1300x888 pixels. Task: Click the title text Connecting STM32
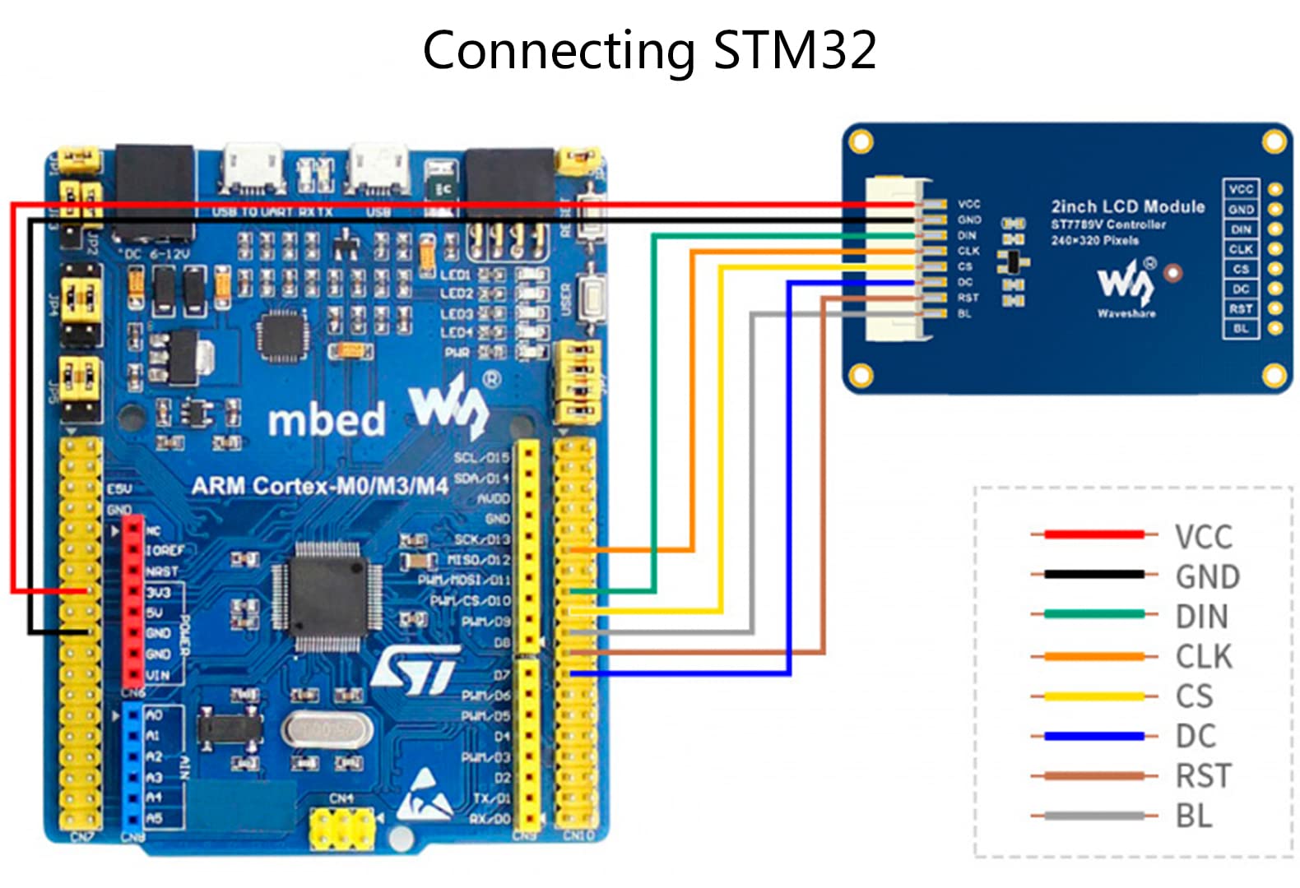pos(649,50)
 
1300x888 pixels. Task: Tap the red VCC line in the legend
pos(1093,534)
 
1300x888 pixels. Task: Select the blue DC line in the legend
pos(1093,736)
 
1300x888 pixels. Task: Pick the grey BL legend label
pos(1194,816)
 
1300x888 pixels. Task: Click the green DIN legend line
pos(1093,614)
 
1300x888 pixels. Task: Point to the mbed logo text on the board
pos(327,419)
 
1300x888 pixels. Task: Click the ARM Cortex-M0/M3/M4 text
pos(319,486)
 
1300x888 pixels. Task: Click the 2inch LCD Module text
pos(1127,206)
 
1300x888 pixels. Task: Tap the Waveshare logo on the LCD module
pos(1126,284)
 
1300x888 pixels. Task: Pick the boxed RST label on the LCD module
pos(1241,308)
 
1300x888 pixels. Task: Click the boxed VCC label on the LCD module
pos(1241,189)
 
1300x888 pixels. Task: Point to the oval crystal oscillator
pos(327,730)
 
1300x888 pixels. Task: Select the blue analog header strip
pos(132,768)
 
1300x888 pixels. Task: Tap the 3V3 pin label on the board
pos(159,592)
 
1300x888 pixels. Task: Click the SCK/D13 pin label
pos(482,539)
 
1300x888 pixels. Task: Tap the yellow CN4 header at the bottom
pos(341,829)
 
